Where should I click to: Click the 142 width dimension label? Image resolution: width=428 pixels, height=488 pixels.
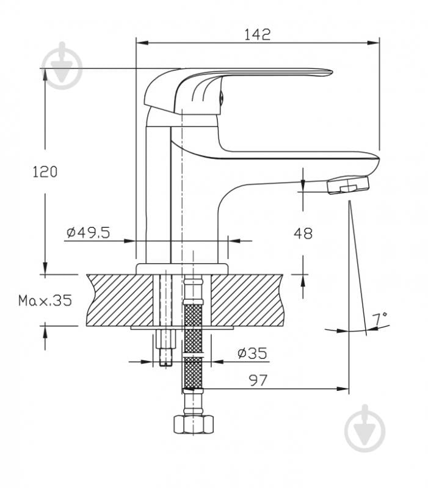[257, 34]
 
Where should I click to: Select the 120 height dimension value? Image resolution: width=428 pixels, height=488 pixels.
[45, 172]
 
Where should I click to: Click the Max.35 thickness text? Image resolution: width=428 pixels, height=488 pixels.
[45, 300]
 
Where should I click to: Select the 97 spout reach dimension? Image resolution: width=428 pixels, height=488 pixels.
[258, 380]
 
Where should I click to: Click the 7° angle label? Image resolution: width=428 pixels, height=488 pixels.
[380, 319]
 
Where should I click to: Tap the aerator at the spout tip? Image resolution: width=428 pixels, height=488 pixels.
[349, 184]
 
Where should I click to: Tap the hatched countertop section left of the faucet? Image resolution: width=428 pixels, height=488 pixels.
[119, 299]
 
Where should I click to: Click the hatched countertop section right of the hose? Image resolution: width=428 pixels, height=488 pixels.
[250, 299]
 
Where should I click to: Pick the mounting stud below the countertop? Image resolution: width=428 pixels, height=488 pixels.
[165, 348]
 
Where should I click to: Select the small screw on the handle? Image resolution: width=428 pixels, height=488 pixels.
[222, 96]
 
